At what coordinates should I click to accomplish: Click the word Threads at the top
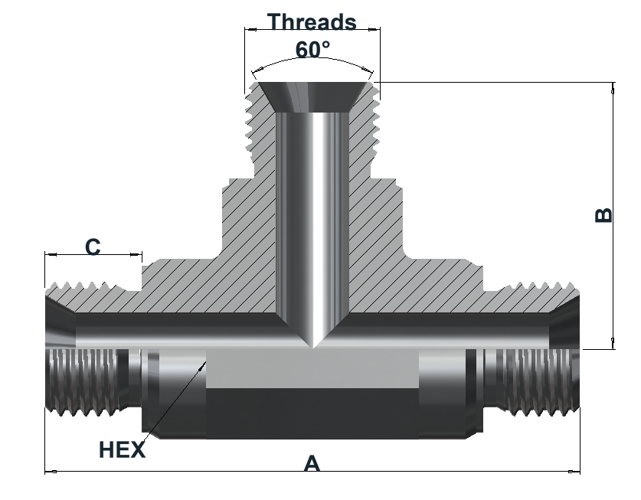point(312,21)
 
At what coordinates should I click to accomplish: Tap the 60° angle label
point(312,50)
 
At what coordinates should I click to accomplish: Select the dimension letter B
point(603,215)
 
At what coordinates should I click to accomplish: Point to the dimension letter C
point(93,247)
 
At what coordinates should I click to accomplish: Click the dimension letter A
point(312,463)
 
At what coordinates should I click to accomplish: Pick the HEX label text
point(123,449)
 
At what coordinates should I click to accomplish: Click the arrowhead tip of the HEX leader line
point(205,361)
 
